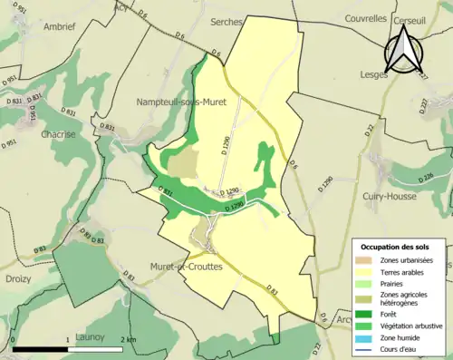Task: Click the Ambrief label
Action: (26, 26)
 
